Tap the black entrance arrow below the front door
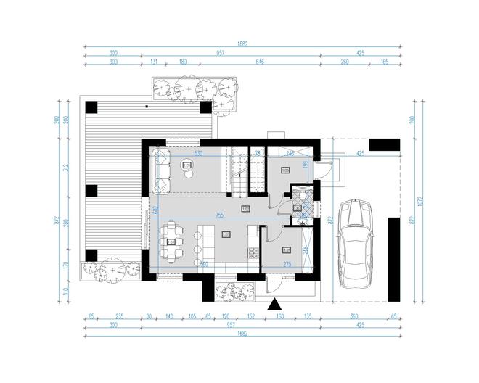point(275,305)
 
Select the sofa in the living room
point(160,170)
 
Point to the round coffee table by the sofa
point(187,165)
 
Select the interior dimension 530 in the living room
point(197,154)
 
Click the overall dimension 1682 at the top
point(242,44)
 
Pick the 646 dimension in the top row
point(259,63)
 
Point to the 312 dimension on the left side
point(65,168)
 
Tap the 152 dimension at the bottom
point(250,317)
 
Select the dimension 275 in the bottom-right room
point(287,264)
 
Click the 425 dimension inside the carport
point(361,154)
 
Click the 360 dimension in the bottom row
point(355,317)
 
